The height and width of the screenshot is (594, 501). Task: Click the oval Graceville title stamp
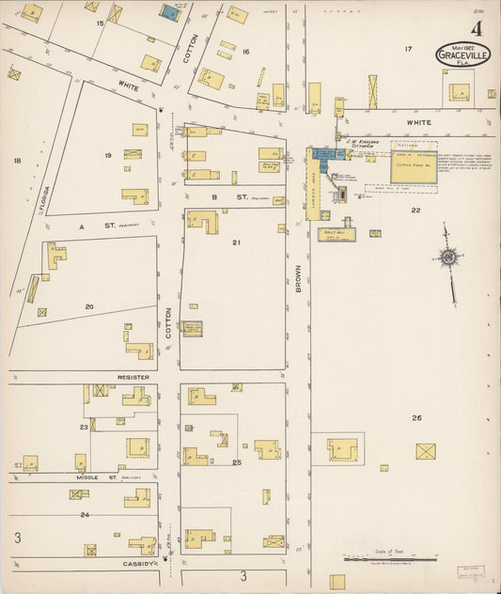click(x=462, y=56)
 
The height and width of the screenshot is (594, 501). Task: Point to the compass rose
click(x=449, y=258)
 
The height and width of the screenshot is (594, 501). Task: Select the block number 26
click(x=416, y=417)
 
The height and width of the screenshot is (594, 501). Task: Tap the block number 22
click(x=415, y=211)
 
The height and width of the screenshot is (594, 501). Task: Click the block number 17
click(x=408, y=48)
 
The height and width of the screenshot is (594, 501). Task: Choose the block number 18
click(x=17, y=161)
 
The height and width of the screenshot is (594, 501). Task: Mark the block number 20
click(x=89, y=306)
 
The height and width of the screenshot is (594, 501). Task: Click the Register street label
click(x=133, y=376)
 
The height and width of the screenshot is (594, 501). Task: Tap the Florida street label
click(x=45, y=198)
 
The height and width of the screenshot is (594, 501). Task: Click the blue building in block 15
click(x=171, y=12)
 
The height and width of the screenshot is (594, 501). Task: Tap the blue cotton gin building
click(x=326, y=155)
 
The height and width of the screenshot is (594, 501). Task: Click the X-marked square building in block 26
click(x=426, y=451)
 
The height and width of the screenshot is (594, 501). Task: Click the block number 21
click(x=237, y=242)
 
